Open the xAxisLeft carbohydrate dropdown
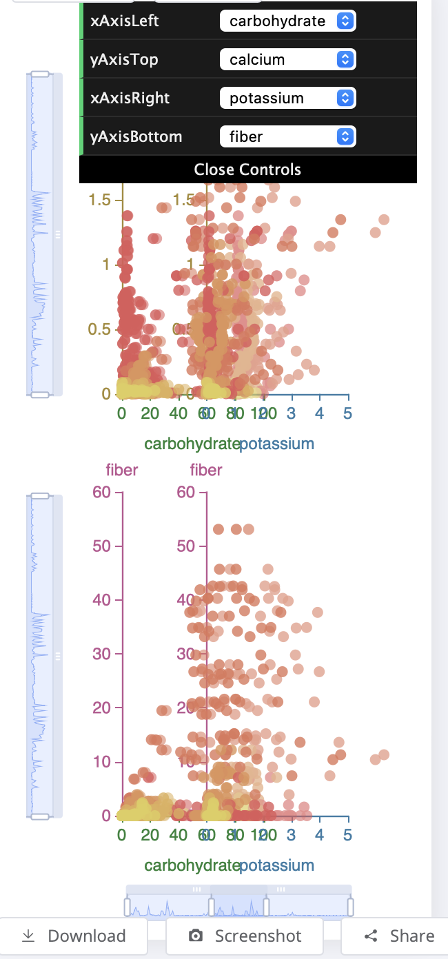(287, 21)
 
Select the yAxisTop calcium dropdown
(287, 59)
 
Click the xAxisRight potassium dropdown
(287, 98)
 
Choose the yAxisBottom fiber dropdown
(287, 136)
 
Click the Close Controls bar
(247, 169)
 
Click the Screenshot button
(245, 936)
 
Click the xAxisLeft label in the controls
(125, 21)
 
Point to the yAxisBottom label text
(136, 136)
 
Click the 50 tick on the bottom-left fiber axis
(102, 546)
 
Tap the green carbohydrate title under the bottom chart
(192, 865)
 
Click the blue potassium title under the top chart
(276, 444)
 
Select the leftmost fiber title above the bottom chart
(122, 470)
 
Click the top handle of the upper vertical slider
(40, 74)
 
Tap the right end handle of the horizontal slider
(350, 907)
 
